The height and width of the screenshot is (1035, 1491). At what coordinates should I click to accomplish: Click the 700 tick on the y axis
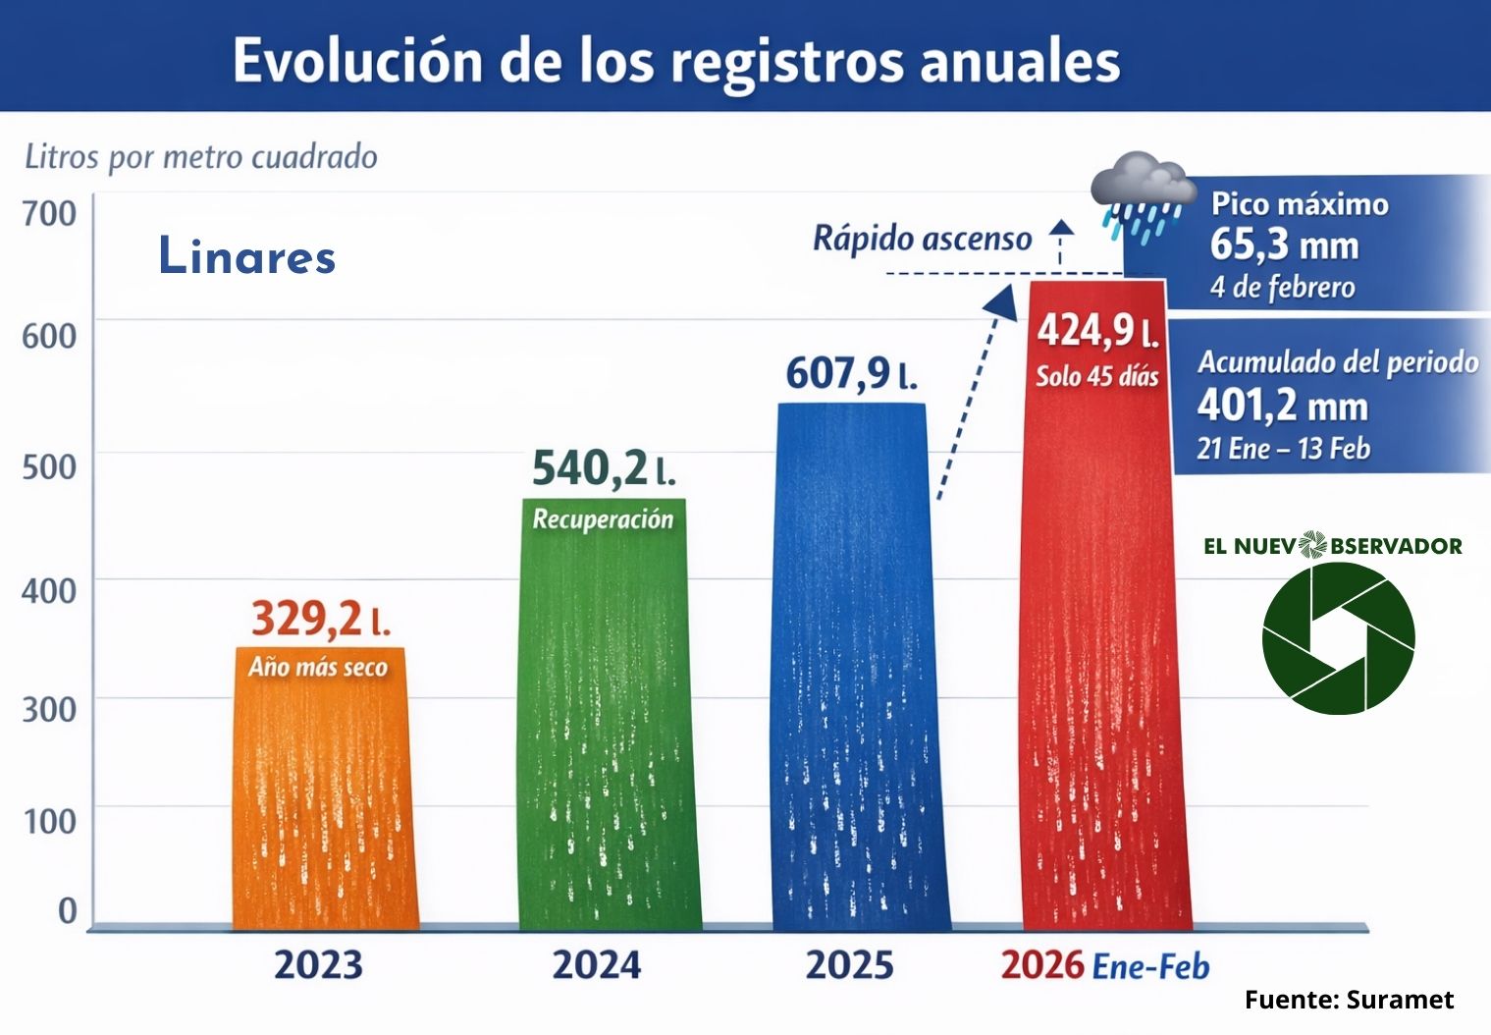point(49,213)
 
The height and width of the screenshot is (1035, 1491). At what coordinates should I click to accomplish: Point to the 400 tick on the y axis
point(49,591)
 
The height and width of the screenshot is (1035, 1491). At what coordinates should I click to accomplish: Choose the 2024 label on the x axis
point(597,965)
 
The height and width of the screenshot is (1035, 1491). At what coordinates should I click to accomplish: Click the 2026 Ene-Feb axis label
point(1104,966)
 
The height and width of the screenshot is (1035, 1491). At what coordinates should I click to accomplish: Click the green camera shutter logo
point(1338,638)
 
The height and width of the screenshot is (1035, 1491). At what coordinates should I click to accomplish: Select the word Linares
point(247,256)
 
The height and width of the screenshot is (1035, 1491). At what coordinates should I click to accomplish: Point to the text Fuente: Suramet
point(1349,1000)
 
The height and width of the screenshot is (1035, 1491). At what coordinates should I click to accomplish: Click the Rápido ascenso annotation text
point(922,239)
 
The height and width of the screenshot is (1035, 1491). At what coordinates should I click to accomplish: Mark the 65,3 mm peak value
point(1284,245)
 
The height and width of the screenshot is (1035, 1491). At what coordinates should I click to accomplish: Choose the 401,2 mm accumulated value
point(1282,406)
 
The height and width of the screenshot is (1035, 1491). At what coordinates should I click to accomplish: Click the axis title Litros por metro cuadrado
point(201,157)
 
